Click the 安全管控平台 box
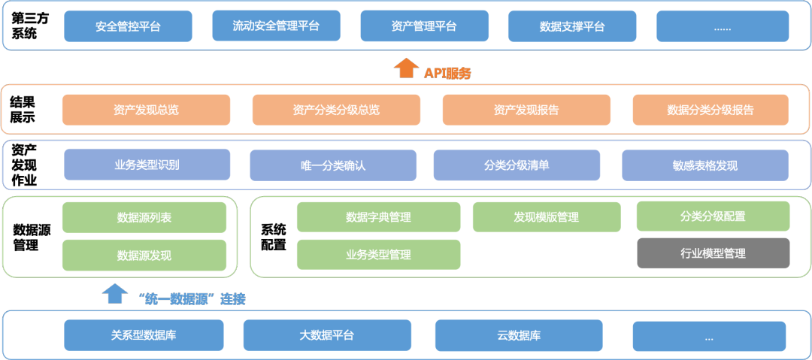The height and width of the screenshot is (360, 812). click(x=128, y=26)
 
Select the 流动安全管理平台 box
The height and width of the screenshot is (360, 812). click(x=276, y=26)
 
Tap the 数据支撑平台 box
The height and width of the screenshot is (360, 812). click(x=572, y=26)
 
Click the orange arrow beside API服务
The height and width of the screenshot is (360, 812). click(x=406, y=68)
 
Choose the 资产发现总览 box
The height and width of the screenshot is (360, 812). click(x=146, y=110)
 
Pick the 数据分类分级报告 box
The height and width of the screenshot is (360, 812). click(x=710, y=110)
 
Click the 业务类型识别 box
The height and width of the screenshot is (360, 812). click(x=147, y=165)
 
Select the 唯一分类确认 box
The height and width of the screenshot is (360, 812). click(x=332, y=165)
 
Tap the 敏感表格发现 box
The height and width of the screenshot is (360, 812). click(x=704, y=165)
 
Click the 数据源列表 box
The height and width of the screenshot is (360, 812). click(x=144, y=217)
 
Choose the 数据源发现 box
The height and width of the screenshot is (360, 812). click(x=144, y=255)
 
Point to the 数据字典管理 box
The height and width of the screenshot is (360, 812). click(x=378, y=216)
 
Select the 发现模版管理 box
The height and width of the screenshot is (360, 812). click(x=546, y=216)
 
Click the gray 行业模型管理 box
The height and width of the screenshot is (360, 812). click(x=713, y=253)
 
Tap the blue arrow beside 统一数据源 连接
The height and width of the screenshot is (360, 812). click(x=115, y=293)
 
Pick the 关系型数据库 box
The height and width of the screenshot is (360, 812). click(x=144, y=335)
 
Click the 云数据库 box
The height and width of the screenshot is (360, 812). click(x=519, y=335)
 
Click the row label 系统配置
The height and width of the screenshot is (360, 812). click(x=273, y=237)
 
